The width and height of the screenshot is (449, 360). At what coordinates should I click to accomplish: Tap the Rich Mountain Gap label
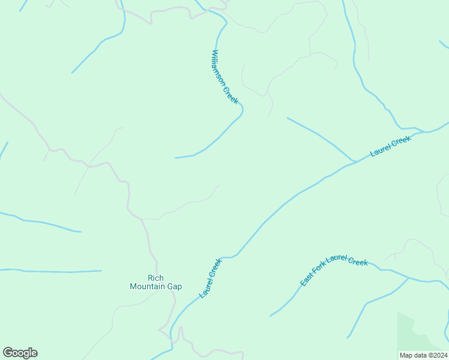coord(155,282)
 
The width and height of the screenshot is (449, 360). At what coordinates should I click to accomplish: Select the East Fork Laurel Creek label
coord(334,271)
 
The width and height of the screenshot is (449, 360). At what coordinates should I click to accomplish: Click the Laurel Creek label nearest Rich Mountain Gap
coord(211,278)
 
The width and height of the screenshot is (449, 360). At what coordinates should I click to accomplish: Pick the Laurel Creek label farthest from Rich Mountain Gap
coord(390,146)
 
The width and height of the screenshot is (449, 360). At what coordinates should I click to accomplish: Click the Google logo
coord(20,353)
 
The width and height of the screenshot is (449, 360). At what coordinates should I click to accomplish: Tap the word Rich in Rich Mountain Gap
coord(155,278)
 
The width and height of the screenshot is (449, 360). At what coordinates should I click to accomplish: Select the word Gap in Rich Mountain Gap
coord(174,286)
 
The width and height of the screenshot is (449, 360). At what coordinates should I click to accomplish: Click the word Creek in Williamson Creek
coord(232,95)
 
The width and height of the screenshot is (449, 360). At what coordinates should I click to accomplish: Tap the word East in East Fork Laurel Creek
coord(306,280)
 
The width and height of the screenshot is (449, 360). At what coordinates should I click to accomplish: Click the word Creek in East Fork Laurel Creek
coord(358,262)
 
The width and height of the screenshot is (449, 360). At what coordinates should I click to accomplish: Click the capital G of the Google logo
coord(8,353)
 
